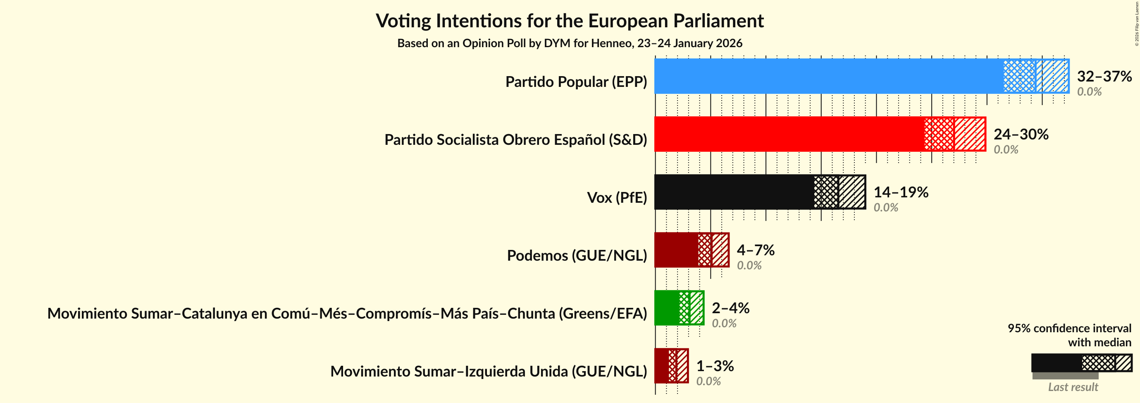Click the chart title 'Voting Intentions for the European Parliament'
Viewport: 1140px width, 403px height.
click(570, 21)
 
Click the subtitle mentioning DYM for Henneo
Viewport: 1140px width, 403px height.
click(570, 43)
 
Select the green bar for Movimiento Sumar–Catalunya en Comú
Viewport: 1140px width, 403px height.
click(666, 308)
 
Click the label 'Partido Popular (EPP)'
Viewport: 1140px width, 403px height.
click(576, 82)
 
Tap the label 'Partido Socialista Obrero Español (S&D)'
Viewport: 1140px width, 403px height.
click(515, 140)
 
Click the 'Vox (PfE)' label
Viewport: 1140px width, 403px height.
click(616, 197)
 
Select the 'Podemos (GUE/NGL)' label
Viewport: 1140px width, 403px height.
click(577, 256)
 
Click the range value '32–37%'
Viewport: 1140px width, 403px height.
click(1104, 76)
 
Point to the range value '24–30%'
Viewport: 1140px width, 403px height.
click(1021, 134)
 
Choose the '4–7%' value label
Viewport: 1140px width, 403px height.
click(755, 250)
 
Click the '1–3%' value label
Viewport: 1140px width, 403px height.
click(715, 366)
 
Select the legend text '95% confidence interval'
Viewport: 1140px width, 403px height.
click(1069, 328)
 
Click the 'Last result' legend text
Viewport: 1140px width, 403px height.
click(1073, 387)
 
